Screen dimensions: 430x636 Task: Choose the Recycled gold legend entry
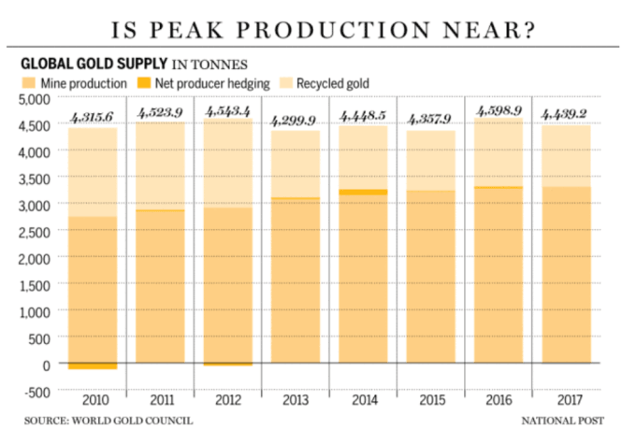click(x=333, y=84)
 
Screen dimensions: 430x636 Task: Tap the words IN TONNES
click(x=208, y=65)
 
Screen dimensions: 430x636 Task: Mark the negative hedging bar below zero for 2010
click(x=92, y=366)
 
